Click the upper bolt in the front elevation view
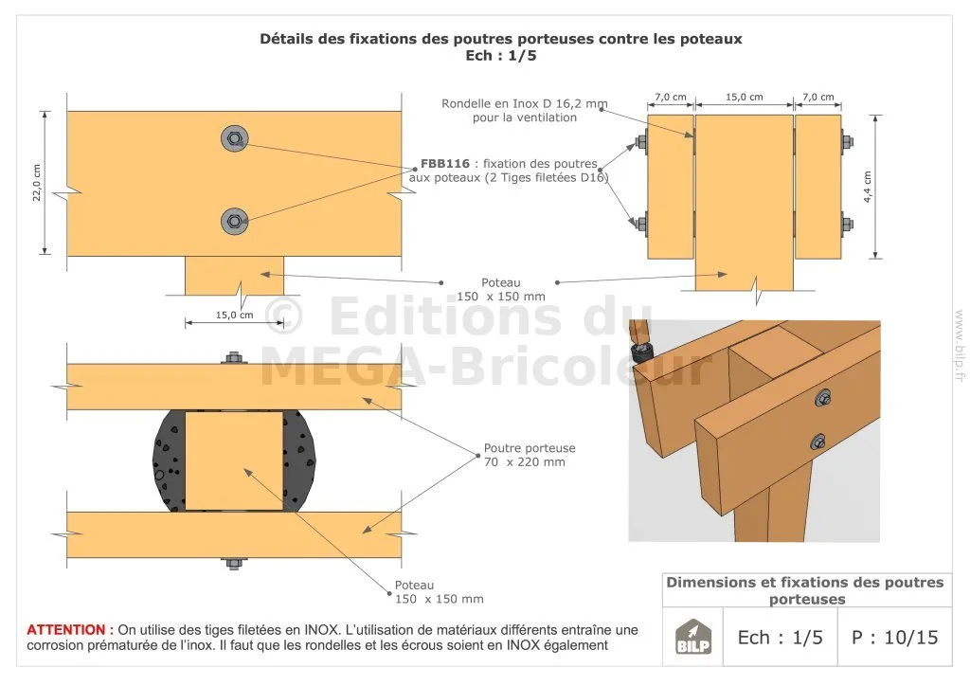click(235, 138)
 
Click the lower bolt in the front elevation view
click(235, 221)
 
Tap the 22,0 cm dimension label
click(37, 183)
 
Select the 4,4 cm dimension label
click(868, 187)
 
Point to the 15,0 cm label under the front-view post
click(235, 315)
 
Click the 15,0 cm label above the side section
click(745, 97)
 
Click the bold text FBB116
click(445, 164)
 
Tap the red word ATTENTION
click(66, 630)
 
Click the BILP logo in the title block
click(692, 637)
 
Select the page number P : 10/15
click(894, 637)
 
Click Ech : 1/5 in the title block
click(781, 637)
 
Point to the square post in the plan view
click(235, 460)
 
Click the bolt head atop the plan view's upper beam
click(233, 358)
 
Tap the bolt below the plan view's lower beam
click(233, 564)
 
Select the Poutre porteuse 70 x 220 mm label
click(530, 455)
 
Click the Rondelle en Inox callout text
click(525, 110)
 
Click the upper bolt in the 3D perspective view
click(823, 398)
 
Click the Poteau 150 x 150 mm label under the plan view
click(440, 592)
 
